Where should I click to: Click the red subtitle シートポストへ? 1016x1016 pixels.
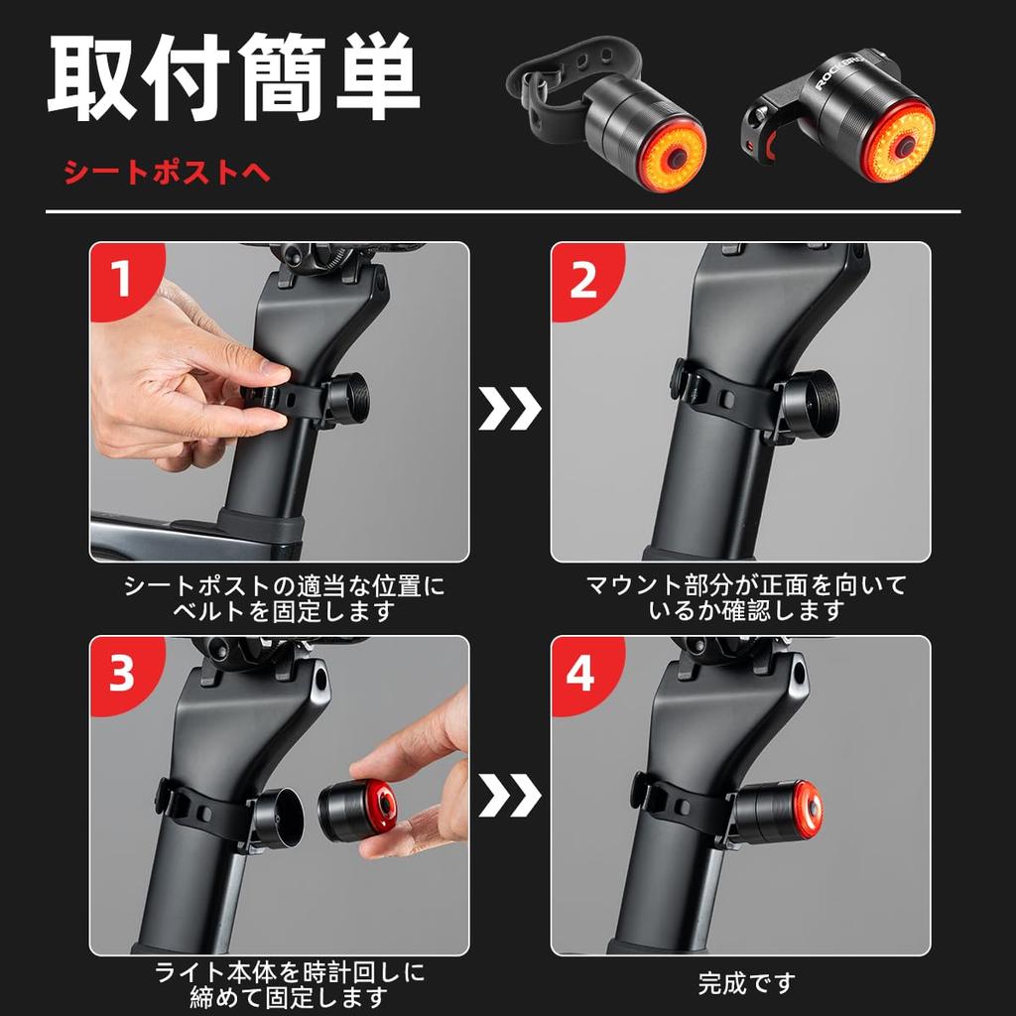[166, 173]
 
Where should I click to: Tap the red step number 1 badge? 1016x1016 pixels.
[121, 280]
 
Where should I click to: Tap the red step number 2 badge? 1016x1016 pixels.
[582, 280]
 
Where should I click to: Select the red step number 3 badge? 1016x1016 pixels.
[121, 674]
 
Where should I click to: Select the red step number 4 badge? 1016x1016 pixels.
[582, 674]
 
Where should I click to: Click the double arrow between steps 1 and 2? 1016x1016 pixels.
[510, 408]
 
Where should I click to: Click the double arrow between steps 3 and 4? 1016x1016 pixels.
[510, 795]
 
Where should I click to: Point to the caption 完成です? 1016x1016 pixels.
[746, 983]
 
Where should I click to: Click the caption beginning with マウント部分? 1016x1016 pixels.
[745, 597]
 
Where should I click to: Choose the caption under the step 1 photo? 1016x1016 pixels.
[284, 597]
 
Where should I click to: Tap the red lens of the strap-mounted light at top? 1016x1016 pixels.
[671, 158]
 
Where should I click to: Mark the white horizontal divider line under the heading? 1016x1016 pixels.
[502, 211]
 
